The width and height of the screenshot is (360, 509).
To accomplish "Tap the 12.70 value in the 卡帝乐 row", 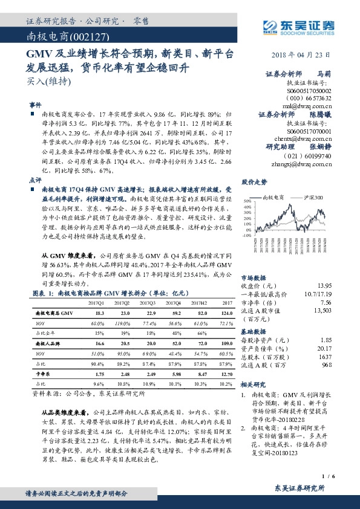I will (x=226, y=374).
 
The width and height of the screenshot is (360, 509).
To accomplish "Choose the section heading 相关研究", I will (x=254, y=384).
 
